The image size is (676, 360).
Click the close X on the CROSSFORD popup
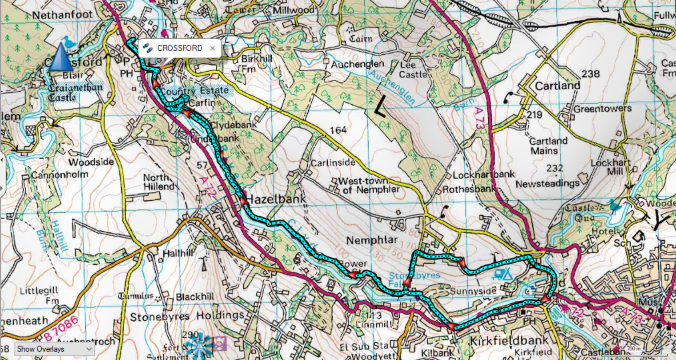213,48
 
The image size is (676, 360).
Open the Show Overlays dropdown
54,349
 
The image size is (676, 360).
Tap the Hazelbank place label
276,199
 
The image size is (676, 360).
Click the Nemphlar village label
372,240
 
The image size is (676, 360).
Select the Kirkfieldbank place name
509,341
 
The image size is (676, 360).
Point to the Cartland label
557,85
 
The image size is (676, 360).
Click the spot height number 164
338,130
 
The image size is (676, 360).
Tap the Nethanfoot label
63,15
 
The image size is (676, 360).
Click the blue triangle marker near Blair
60,58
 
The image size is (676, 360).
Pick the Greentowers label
603,109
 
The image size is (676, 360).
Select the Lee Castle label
413,70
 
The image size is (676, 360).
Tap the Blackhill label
195,296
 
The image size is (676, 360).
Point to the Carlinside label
333,163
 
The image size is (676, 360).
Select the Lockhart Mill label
611,167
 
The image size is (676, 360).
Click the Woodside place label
91,162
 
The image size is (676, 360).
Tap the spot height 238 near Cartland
591,74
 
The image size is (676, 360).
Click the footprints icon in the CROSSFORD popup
148,48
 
